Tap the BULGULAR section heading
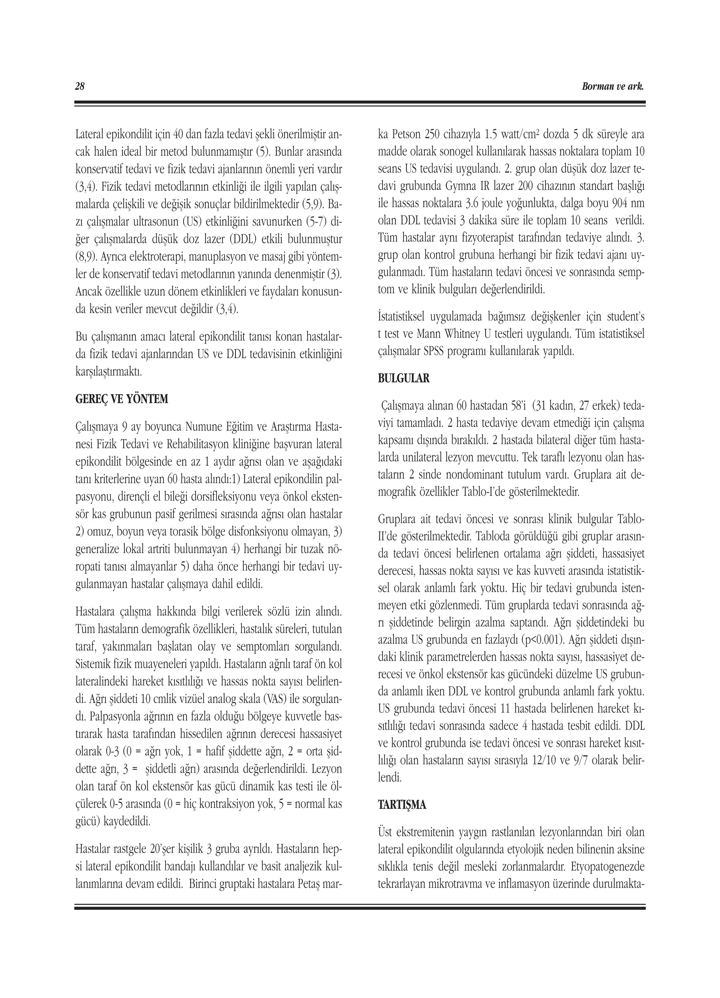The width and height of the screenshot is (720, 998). click(404, 379)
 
